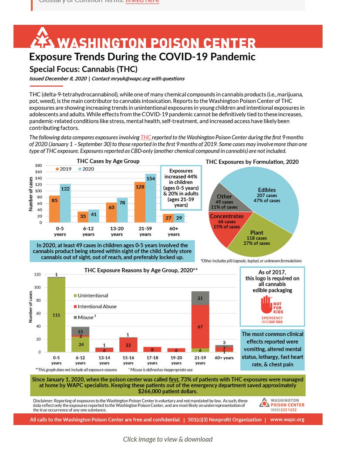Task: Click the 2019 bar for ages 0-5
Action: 54,209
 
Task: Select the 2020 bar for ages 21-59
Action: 151,200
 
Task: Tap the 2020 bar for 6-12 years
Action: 94,216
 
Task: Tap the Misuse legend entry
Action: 84,317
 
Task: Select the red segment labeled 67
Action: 200,327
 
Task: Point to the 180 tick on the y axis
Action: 38,165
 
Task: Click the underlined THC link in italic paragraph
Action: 146,137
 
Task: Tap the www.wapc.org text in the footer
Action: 287,420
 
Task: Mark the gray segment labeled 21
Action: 200,298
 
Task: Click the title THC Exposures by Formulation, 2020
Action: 252,162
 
